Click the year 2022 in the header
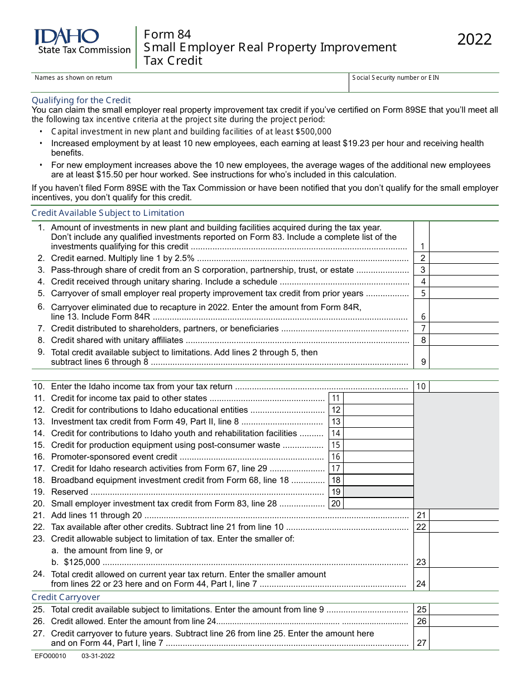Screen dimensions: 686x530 (475, 40)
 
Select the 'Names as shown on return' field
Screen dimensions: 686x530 (190, 84)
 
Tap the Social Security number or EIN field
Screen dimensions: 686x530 (424, 84)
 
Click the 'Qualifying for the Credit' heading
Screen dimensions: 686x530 (81, 100)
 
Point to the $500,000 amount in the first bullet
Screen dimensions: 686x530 (313, 132)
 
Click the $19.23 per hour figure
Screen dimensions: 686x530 (355, 143)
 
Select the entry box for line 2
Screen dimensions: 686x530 (464, 258)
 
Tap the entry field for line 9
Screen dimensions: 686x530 (464, 358)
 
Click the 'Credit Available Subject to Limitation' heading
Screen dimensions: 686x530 (108, 213)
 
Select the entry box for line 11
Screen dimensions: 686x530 (378, 398)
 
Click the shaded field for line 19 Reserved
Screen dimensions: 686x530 (378, 492)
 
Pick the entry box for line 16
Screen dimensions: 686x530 (378, 457)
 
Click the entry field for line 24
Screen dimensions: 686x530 (464, 579)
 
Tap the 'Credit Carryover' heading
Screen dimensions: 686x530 (66, 597)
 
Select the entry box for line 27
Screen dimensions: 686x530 (464, 639)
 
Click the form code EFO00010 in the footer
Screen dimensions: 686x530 (50, 656)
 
